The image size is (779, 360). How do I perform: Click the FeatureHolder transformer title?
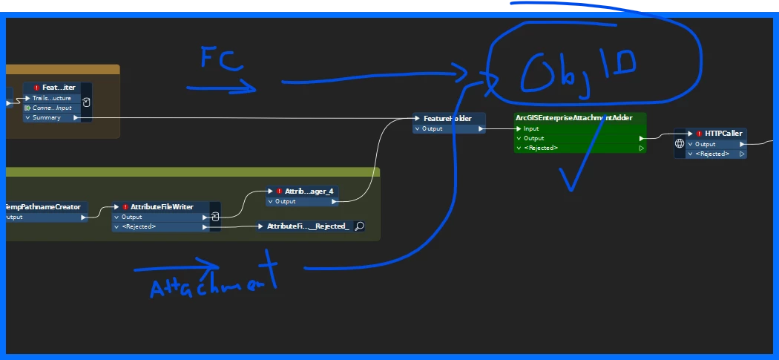(x=447, y=119)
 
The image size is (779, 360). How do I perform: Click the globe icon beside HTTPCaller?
(x=679, y=143)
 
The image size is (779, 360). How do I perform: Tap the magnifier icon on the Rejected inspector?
(x=359, y=226)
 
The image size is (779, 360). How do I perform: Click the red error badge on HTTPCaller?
(x=699, y=134)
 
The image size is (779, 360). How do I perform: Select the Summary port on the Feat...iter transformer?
(x=47, y=117)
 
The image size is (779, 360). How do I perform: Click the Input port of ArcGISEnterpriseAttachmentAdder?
(x=531, y=128)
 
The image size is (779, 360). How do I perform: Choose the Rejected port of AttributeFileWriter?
(x=139, y=226)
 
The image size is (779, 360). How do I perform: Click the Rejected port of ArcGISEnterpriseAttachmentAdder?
(x=541, y=148)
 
